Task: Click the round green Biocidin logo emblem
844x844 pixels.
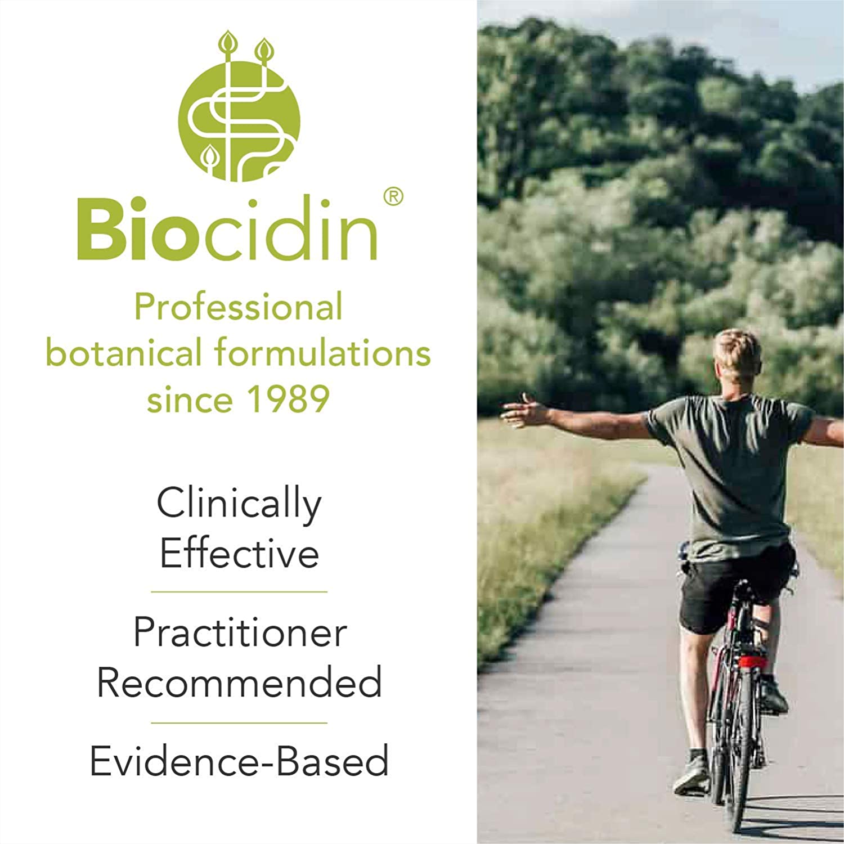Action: point(239,121)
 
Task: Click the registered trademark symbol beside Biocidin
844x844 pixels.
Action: point(393,197)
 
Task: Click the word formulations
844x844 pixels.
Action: point(322,353)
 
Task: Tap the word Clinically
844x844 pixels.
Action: point(239,505)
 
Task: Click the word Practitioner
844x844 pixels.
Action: point(240,632)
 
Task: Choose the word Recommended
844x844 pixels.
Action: point(239,682)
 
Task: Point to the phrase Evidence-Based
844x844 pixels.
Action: point(239,761)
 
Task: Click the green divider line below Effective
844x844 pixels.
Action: point(239,592)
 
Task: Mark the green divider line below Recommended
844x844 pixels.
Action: point(239,723)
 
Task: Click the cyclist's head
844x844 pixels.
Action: point(738,358)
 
